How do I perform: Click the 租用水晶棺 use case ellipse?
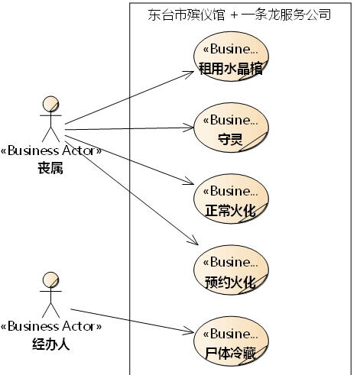[x=231, y=57]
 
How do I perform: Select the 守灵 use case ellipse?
[x=231, y=128]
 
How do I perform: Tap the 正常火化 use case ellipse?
[x=231, y=199]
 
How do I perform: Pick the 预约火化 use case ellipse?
[x=231, y=270]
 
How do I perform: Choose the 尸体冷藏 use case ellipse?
[x=231, y=341]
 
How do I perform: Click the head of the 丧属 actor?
[x=50, y=104]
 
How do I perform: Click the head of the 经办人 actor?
[x=50, y=280]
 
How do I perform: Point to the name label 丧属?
[x=50, y=168]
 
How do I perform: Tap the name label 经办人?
[x=50, y=344]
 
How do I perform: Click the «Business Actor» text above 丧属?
[x=51, y=150]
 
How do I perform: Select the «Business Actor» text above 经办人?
[x=51, y=327]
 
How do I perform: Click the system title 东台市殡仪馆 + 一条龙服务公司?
[x=239, y=15]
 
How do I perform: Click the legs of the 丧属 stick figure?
[x=50, y=134]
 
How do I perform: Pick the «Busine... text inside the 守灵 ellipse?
[x=231, y=120]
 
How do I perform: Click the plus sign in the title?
[x=234, y=15]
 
